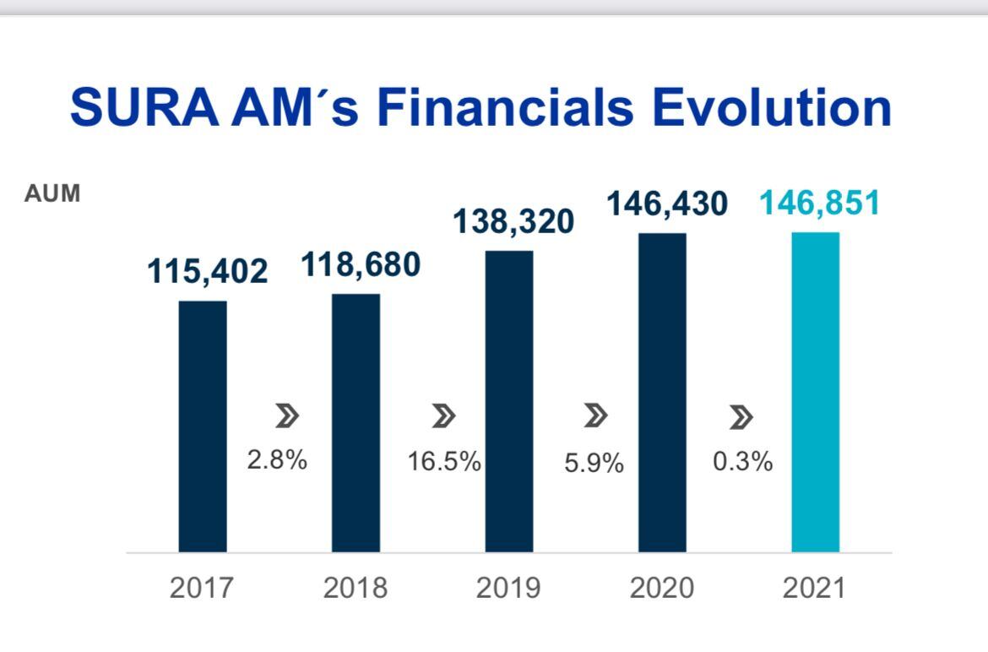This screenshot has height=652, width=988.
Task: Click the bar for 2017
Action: [203, 427]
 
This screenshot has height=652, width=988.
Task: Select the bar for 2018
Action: [356, 423]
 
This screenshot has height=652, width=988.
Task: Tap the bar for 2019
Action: [509, 401]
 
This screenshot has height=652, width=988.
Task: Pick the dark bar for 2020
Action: [662, 393]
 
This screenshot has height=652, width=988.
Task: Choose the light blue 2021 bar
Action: [815, 392]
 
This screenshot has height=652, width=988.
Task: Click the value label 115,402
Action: [207, 272]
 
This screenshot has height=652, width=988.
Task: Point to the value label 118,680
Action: [361, 265]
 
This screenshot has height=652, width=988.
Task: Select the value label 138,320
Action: [513, 221]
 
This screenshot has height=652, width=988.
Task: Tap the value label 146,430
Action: [666, 204]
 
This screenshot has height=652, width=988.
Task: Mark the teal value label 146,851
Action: [819, 204]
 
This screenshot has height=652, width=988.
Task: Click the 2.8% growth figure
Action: [277, 461]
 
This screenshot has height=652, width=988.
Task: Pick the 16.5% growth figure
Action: [444, 462]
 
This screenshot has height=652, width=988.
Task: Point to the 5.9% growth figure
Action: [594, 463]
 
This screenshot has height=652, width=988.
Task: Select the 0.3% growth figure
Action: [743, 461]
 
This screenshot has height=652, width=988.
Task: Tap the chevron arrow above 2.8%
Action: [287, 416]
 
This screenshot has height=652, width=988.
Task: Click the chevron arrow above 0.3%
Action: [741, 416]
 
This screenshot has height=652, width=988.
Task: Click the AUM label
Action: [52, 193]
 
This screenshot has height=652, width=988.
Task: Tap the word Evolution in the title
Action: [760, 108]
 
